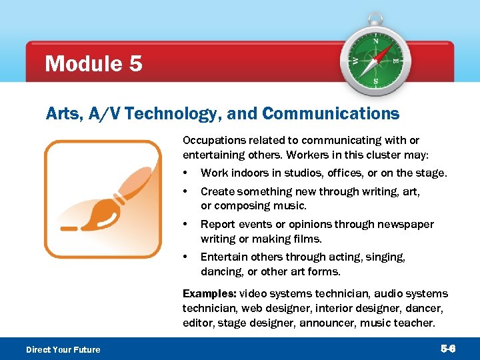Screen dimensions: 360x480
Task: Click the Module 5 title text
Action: (93, 64)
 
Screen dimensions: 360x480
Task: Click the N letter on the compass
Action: (375, 41)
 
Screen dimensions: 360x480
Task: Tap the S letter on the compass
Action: (375, 82)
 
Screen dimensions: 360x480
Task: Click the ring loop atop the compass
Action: (375, 19)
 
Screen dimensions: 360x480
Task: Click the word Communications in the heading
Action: (331, 114)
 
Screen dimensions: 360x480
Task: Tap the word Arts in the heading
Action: (61, 114)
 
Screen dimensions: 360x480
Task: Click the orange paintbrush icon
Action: (103, 199)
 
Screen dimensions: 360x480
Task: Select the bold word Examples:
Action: (209, 293)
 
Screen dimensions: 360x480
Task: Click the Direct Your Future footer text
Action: (63, 349)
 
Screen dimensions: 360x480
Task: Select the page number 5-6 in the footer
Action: (448, 349)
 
